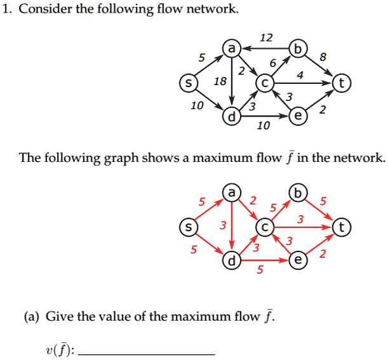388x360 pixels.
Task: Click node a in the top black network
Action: tap(232, 49)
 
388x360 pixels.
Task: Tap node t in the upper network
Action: tap(343, 83)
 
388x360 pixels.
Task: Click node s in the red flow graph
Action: tap(187, 227)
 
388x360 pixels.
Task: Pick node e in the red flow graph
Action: tap(296, 260)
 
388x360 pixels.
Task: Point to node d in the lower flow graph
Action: tap(232, 260)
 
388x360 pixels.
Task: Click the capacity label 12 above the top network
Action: tap(266, 38)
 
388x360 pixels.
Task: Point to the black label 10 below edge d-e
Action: tap(262, 126)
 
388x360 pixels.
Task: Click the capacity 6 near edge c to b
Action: tap(272, 63)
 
